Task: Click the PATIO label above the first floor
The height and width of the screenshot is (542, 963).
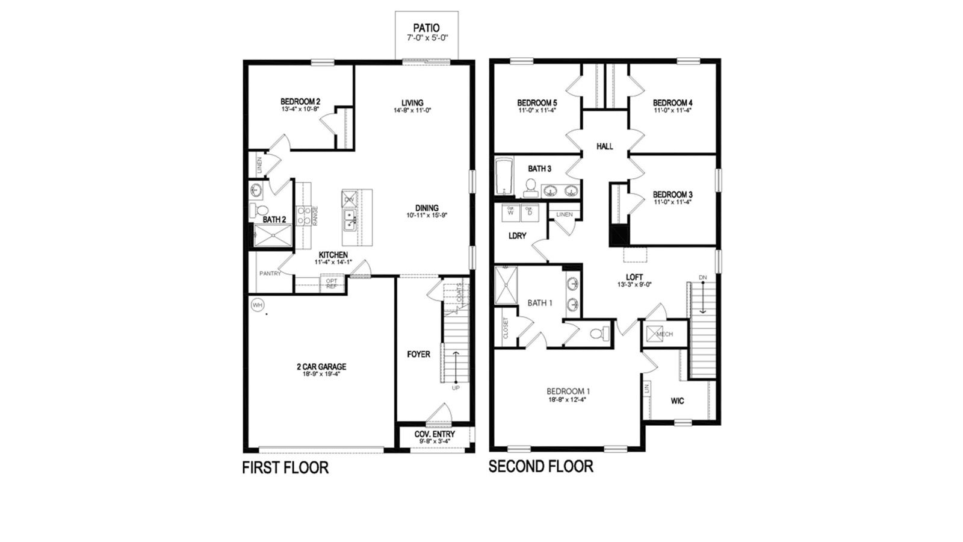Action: [426, 28]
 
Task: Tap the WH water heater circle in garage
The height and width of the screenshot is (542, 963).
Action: [258, 305]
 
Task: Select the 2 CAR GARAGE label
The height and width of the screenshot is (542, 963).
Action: [321, 366]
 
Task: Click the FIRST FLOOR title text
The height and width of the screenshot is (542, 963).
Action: [285, 468]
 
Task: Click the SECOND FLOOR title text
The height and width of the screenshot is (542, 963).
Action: [540, 466]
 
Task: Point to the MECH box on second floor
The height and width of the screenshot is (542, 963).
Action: [660, 334]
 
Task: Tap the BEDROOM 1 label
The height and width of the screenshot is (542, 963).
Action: [568, 390]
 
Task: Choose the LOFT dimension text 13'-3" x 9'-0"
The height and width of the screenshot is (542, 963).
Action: [634, 284]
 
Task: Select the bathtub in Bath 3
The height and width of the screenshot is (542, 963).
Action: [503, 176]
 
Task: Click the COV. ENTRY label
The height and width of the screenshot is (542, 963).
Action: [435, 434]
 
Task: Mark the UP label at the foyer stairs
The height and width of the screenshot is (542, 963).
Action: [456, 388]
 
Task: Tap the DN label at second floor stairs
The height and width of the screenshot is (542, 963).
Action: [702, 277]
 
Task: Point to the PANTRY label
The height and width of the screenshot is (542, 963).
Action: [270, 273]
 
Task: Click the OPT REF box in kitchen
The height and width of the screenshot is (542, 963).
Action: [332, 283]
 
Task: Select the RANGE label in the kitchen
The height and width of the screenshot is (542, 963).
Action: [315, 216]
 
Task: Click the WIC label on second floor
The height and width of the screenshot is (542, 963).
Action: [677, 401]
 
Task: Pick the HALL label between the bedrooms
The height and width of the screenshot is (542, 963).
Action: [604, 146]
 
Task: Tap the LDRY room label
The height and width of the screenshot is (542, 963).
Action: [517, 236]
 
